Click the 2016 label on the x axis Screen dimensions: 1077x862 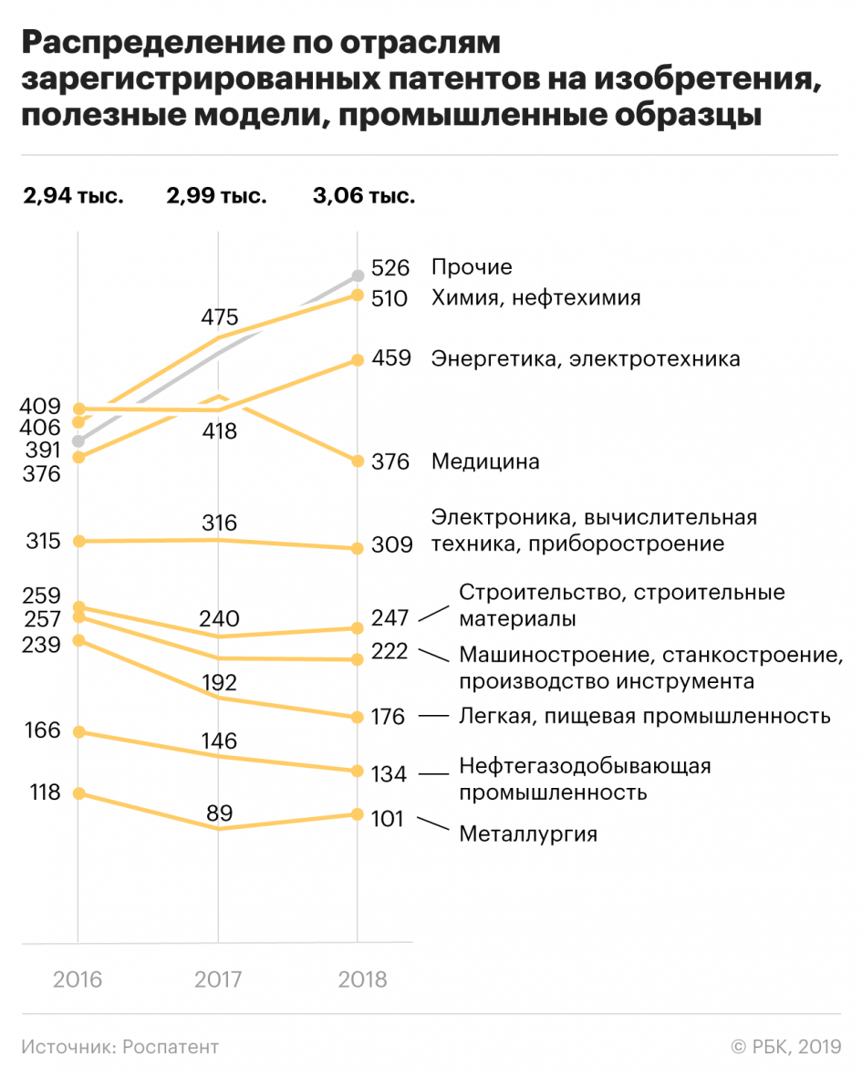[78, 979]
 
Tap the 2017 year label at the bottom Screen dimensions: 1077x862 [218, 979]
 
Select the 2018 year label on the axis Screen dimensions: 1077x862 [362, 979]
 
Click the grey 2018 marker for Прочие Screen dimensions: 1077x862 [358, 274]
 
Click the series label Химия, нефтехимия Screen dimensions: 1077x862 [536, 297]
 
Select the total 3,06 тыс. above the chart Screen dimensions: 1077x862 [362, 195]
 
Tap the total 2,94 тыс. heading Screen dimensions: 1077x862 [73, 195]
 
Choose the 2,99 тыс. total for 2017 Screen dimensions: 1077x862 [216, 195]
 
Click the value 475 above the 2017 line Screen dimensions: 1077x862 [219, 317]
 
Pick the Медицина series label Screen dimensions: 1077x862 [485, 461]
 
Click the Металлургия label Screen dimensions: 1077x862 [528, 834]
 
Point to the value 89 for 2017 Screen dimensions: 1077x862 [220, 813]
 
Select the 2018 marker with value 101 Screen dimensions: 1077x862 [358, 813]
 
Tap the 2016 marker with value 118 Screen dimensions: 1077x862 [78, 793]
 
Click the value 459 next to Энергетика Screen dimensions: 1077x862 [390, 358]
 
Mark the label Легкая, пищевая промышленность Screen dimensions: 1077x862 [645, 716]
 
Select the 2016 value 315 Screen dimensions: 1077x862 [44, 541]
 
